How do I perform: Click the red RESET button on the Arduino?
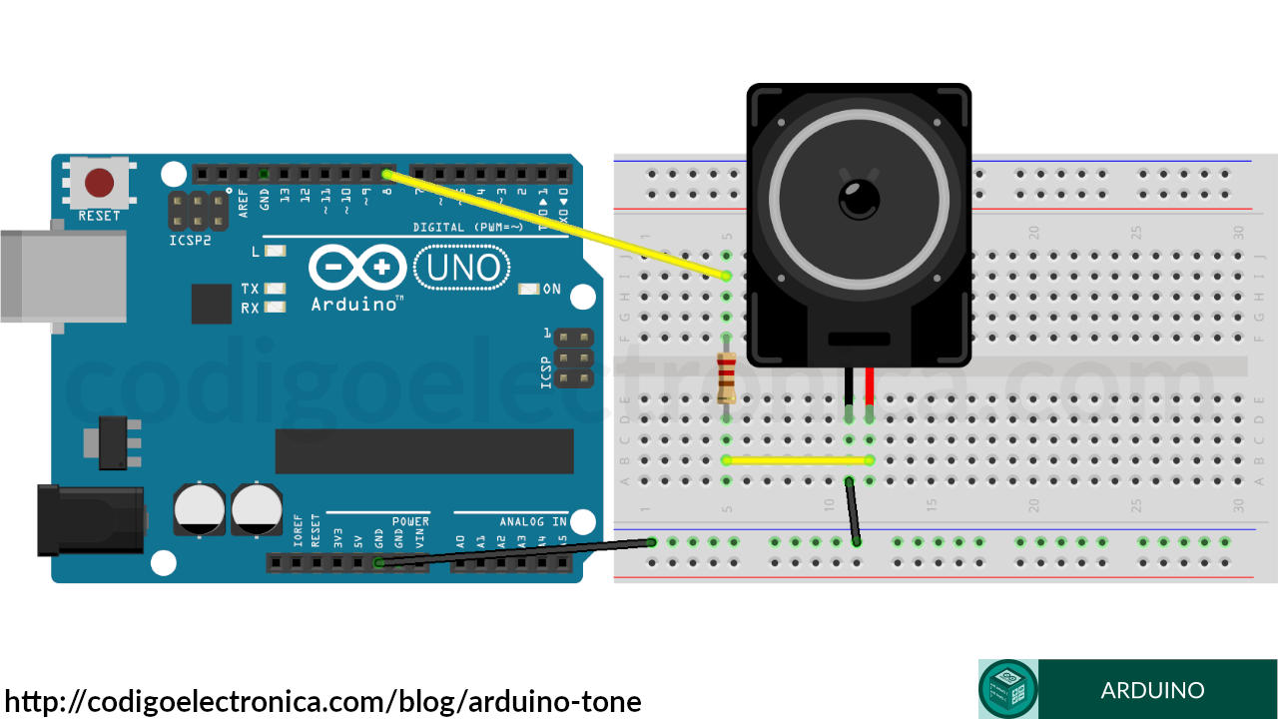point(99,183)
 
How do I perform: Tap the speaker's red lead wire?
point(870,386)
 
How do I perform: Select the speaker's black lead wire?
point(849,386)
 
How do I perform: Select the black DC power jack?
point(90,519)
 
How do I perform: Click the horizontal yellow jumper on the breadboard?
point(798,460)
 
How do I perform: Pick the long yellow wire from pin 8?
point(555,225)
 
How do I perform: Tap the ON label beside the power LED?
point(551,290)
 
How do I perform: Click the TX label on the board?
point(250,289)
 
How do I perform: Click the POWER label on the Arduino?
point(410,521)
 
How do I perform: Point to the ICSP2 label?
point(190,241)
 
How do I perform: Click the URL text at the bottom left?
point(322,701)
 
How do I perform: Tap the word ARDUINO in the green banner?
point(1152,690)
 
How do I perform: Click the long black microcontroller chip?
point(424,451)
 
